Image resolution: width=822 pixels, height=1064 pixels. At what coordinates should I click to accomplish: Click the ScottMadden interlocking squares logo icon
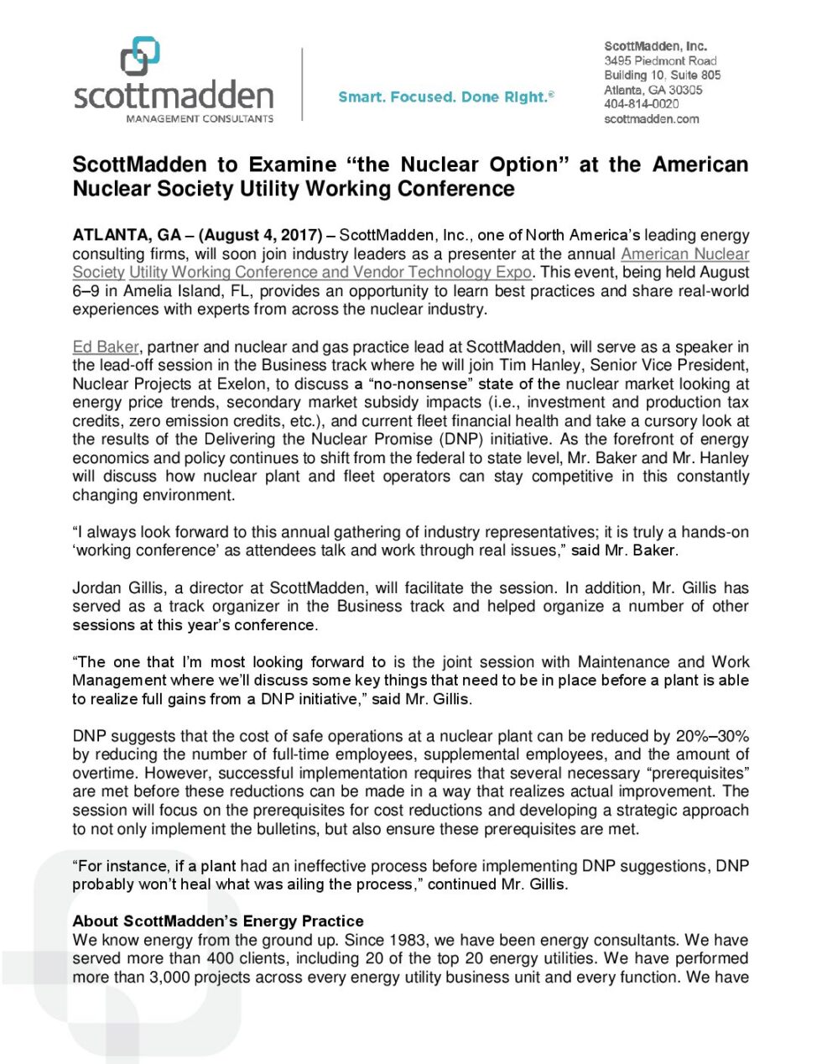[x=140, y=56]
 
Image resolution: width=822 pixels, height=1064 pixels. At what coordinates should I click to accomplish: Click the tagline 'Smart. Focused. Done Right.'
[x=445, y=97]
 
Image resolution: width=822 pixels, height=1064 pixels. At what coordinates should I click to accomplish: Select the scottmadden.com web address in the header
[x=651, y=119]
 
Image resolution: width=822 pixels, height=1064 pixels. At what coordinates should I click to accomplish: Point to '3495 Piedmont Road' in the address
[x=660, y=61]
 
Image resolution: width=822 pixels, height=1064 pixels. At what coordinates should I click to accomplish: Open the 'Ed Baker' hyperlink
[x=106, y=347]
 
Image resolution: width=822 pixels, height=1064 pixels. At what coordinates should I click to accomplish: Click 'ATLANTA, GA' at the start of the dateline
[x=126, y=235]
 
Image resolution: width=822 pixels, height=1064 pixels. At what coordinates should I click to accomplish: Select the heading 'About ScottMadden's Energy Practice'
[x=218, y=921]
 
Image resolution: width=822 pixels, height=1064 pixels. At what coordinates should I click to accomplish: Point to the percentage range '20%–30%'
[x=712, y=736]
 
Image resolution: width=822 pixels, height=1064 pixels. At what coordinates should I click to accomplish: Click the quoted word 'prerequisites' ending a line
[x=697, y=773]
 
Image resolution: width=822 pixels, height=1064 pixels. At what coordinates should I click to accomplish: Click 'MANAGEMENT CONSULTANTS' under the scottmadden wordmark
[x=200, y=119]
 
